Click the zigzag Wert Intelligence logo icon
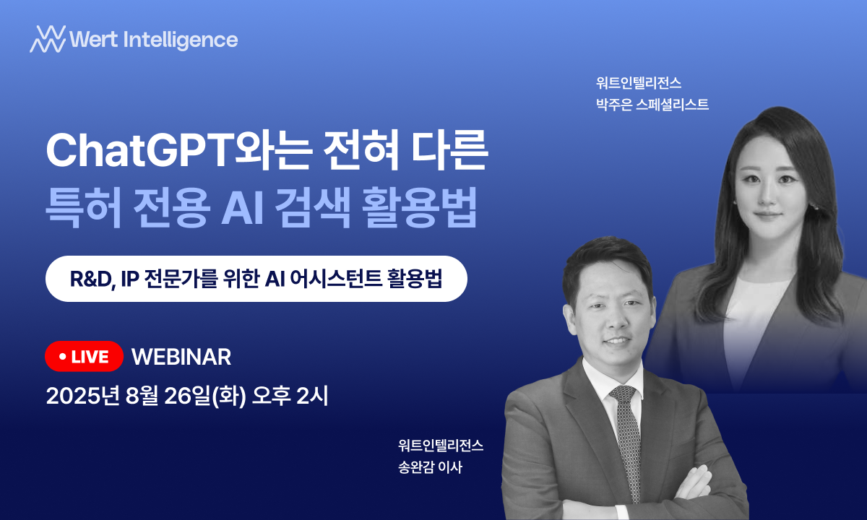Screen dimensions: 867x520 48,39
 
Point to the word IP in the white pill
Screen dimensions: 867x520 129,279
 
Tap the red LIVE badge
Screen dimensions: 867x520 84,356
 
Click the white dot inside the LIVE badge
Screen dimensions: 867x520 62,356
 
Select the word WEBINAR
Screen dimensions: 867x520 181,357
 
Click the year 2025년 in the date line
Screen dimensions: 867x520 83,396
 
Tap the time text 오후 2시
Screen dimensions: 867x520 290,396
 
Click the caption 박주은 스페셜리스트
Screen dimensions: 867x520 652,104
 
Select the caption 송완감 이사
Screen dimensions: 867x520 431,467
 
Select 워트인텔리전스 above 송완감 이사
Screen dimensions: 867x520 441,446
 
